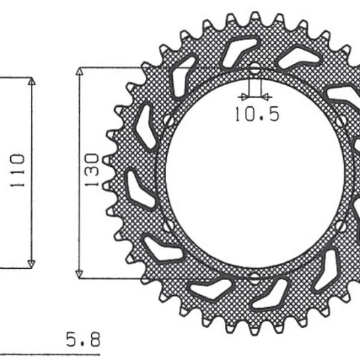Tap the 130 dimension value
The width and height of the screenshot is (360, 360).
[91, 170]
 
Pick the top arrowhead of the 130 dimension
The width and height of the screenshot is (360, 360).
[79, 71]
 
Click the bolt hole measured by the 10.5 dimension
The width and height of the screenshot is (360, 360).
[255, 69]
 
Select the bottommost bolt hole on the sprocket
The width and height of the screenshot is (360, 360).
[255, 278]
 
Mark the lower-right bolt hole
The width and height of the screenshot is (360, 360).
[342, 226]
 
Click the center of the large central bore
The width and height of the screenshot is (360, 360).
[255, 174]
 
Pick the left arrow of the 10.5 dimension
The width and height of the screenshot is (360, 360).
[243, 96]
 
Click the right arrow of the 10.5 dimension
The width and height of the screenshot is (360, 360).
[266, 96]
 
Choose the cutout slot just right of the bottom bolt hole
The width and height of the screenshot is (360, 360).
[273, 298]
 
